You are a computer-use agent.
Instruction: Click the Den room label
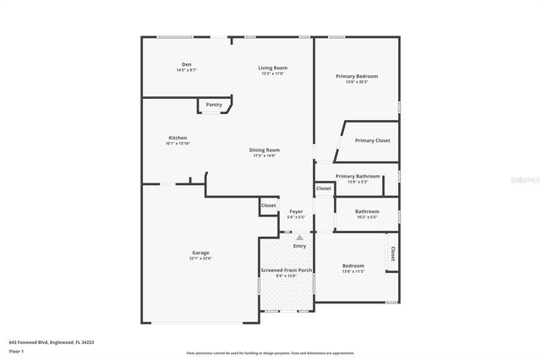[x=186, y=65]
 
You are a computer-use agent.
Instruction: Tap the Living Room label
[x=273, y=68]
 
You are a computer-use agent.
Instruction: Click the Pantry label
[x=214, y=105]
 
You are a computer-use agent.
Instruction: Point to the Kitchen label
[x=178, y=138]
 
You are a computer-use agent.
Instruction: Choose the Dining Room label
[x=264, y=150]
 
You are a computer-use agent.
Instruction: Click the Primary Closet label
[x=371, y=140]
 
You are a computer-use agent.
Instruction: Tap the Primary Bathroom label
[x=358, y=177]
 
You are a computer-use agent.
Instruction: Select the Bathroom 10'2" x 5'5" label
[x=367, y=212]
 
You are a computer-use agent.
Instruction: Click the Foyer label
[x=296, y=212]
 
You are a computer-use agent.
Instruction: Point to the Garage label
[x=200, y=253]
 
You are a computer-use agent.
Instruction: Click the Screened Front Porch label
[x=286, y=270]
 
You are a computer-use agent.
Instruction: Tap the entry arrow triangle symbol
[x=299, y=238]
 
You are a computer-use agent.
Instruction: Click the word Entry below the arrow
[x=299, y=246]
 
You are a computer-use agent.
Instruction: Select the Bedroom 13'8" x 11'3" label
[x=353, y=265]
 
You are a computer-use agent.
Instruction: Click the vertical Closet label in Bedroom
[x=392, y=254]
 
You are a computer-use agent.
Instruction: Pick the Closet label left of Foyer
[x=269, y=205]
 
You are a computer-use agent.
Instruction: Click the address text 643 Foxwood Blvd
[x=51, y=342]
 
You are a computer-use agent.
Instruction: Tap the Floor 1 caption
[x=16, y=351]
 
